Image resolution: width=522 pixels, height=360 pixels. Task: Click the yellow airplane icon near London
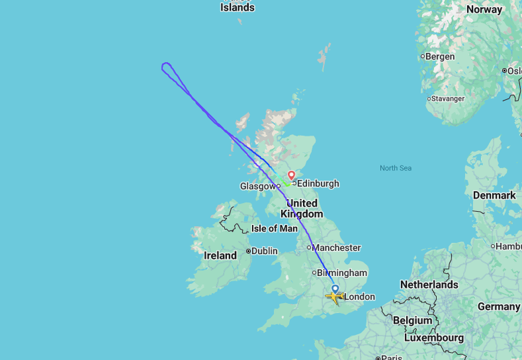(x=335, y=298)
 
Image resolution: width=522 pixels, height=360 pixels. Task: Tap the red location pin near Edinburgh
(x=291, y=176)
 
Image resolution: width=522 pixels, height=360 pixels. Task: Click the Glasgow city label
(x=257, y=187)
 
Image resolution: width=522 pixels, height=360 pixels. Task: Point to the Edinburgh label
(x=318, y=183)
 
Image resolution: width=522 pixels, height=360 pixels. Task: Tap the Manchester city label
(x=336, y=247)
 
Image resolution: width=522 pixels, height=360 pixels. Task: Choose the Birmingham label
(x=341, y=273)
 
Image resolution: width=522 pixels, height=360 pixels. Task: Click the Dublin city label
(x=264, y=251)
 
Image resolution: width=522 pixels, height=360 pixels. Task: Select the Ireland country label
(x=220, y=255)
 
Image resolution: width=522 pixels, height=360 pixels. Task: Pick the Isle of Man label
(x=275, y=228)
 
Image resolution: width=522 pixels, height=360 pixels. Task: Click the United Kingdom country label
(x=302, y=208)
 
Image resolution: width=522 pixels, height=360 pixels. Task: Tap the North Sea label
(x=396, y=168)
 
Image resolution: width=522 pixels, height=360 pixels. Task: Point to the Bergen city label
(x=440, y=56)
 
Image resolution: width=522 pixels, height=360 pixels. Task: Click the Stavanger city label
(x=449, y=99)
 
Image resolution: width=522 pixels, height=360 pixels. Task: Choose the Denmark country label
(x=494, y=195)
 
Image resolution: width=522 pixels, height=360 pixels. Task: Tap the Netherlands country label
(x=429, y=285)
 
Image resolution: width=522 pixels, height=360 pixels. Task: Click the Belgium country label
(x=412, y=320)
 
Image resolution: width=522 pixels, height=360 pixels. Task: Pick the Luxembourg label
(x=433, y=337)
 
